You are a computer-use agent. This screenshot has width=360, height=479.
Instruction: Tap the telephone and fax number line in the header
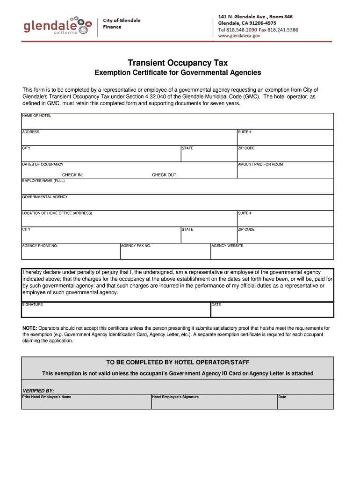(x=258, y=29)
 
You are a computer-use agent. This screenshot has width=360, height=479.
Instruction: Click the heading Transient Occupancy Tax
(x=178, y=63)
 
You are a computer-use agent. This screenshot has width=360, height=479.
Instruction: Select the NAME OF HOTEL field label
(x=36, y=116)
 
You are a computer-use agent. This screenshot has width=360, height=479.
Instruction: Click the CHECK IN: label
(x=72, y=175)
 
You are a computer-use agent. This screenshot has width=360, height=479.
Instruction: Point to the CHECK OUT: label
(x=165, y=175)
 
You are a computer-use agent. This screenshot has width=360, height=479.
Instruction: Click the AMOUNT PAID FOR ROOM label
(x=260, y=165)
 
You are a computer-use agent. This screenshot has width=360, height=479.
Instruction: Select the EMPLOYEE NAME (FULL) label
(x=43, y=181)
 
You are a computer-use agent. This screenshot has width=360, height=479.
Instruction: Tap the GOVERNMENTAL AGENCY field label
(x=45, y=197)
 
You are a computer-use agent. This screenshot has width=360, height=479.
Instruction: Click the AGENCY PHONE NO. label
(x=40, y=246)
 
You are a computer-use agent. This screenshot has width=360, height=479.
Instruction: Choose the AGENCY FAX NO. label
(x=136, y=246)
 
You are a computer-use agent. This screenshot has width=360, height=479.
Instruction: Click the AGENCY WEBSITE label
(x=227, y=246)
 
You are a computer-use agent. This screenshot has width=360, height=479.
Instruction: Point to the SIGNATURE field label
(x=33, y=305)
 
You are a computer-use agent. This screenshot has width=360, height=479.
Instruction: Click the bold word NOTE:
(x=30, y=328)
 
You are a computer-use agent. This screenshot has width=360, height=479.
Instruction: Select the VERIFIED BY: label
(x=38, y=390)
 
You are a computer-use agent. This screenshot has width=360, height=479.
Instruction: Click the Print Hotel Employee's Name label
(x=47, y=397)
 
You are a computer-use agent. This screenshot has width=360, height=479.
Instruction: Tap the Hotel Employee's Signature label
(x=175, y=397)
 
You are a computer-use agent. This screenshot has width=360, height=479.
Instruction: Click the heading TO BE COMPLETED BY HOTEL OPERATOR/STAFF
(x=178, y=363)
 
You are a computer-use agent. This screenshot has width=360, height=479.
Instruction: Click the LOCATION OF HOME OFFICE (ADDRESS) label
(x=57, y=213)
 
